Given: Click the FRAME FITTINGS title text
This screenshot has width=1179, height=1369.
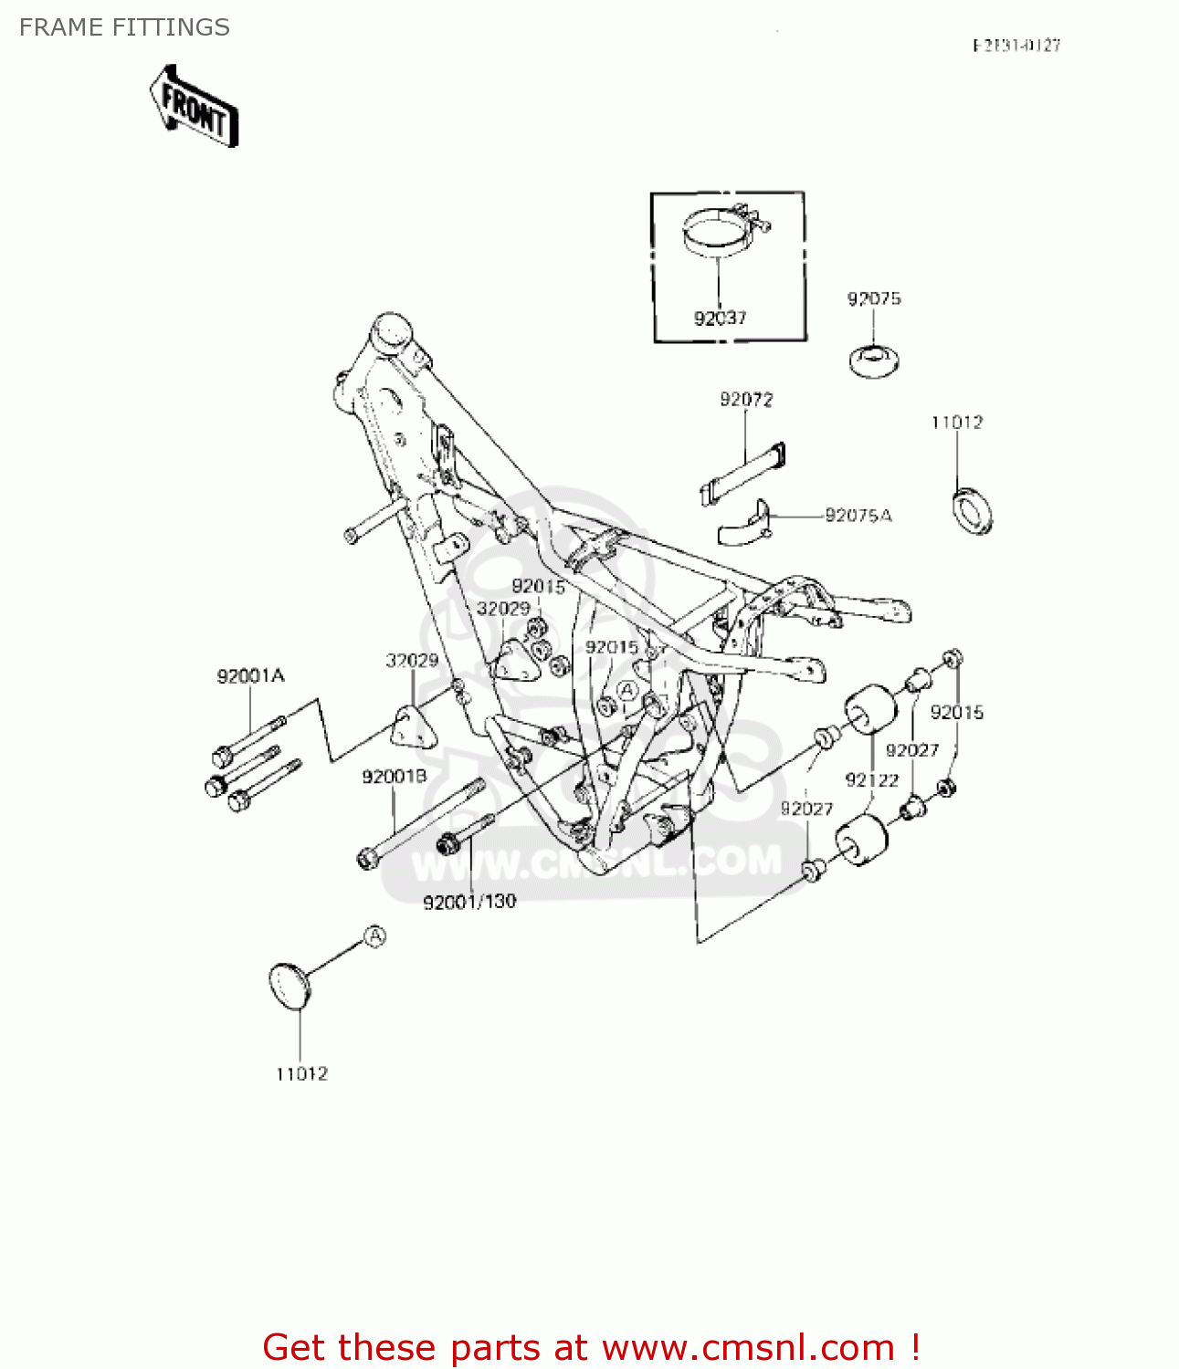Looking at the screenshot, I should (124, 27).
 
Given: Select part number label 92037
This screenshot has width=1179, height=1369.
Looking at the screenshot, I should (720, 319).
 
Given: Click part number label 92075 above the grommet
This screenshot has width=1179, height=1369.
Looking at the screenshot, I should (873, 298).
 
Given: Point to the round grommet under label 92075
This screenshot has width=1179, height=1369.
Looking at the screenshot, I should (874, 360).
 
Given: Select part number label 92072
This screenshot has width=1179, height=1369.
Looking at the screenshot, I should (746, 399).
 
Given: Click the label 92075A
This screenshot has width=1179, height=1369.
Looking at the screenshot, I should (858, 516).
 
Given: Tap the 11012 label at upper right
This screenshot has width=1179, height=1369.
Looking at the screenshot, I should (956, 422).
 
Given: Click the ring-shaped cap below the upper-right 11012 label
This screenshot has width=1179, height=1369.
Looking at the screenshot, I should (973, 512).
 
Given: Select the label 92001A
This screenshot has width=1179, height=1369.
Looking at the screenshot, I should (250, 676).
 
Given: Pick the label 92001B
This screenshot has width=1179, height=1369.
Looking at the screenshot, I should (394, 777).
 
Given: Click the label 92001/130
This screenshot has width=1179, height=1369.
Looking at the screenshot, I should (469, 902).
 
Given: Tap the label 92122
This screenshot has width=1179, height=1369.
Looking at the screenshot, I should (871, 779).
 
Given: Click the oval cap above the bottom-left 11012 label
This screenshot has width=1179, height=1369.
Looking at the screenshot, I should (289, 986).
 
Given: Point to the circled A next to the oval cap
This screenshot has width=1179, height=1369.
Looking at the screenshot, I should (375, 936).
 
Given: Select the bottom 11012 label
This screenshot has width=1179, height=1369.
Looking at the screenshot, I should (301, 1074).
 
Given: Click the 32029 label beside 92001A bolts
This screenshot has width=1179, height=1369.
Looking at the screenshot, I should (411, 660).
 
